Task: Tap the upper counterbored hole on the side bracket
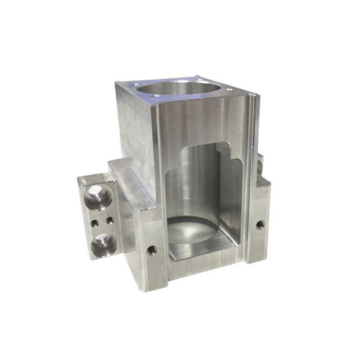pyautogui.click(x=98, y=197)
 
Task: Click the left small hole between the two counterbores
pyautogui.click(x=94, y=222)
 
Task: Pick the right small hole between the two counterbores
pyautogui.click(x=109, y=220)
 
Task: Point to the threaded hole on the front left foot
pyautogui.click(x=153, y=249)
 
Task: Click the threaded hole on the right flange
pyautogui.click(x=260, y=224)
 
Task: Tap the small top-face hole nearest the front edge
pyautogui.click(x=156, y=95)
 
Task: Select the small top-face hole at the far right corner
pyautogui.click(x=229, y=89)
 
